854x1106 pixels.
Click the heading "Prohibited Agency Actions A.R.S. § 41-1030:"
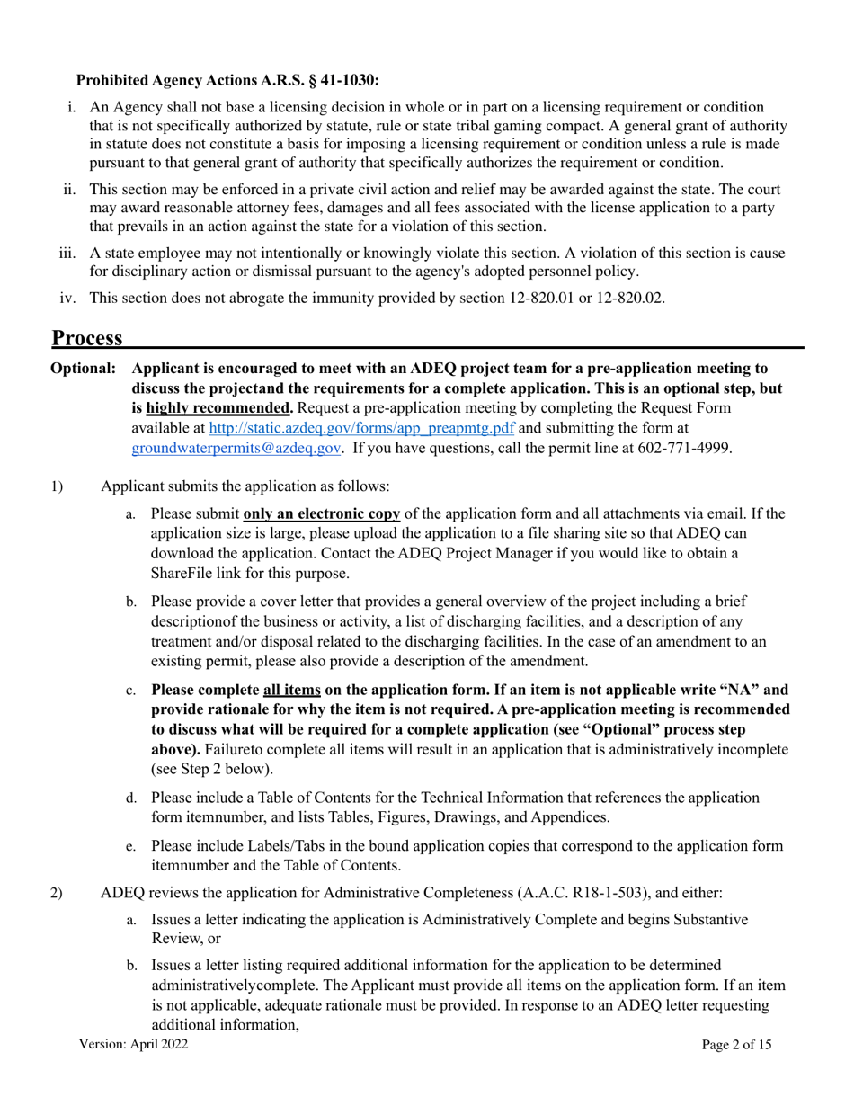point(227,80)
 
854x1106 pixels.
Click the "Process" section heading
point(87,338)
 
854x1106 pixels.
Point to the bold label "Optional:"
point(84,369)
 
